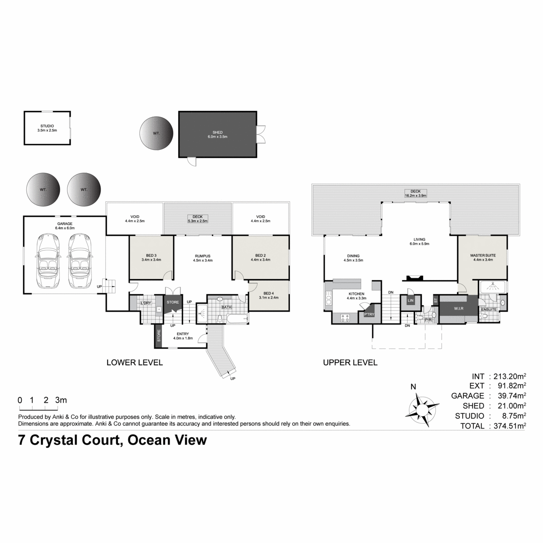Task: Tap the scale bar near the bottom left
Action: (39, 408)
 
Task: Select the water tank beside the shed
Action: (157, 133)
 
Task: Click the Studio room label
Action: (47, 126)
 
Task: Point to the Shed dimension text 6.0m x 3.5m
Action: (218, 137)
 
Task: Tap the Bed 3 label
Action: (151, 256)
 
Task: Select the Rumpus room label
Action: (203, 256)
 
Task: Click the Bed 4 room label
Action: (268, 293)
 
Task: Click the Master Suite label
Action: (483, 255)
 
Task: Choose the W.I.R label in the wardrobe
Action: (459, 308)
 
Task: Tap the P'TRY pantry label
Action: (369, 314)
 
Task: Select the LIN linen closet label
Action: (410, 300)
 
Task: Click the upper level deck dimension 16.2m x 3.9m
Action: (416, 195)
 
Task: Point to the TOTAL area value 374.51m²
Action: (510, 426)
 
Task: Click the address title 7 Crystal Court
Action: (70, 440)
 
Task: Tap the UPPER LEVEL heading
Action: (350, 362)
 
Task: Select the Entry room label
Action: (183, 334)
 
